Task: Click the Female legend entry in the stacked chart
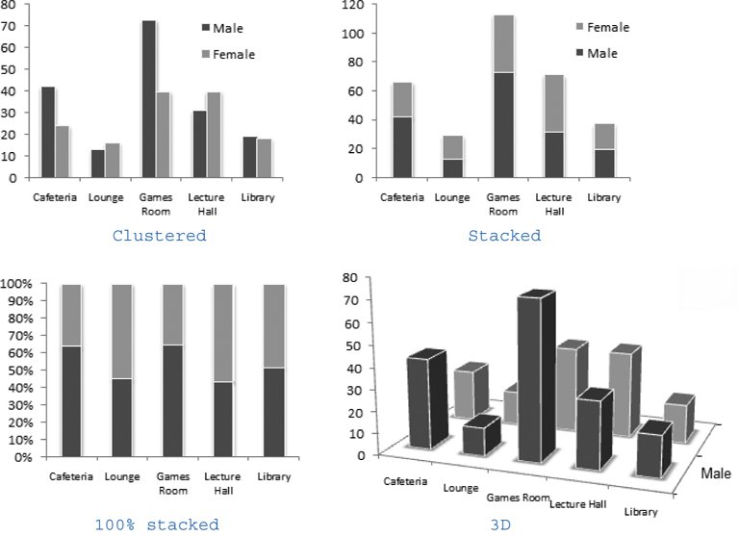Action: coord(603,27)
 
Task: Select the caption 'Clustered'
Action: coord(159,236)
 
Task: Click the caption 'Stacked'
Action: coord(504,236)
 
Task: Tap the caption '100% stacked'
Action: coord(157,525)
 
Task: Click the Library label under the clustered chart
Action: coord(259,197)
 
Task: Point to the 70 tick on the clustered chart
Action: coord(10,27)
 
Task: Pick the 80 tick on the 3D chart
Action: coord(352,277)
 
